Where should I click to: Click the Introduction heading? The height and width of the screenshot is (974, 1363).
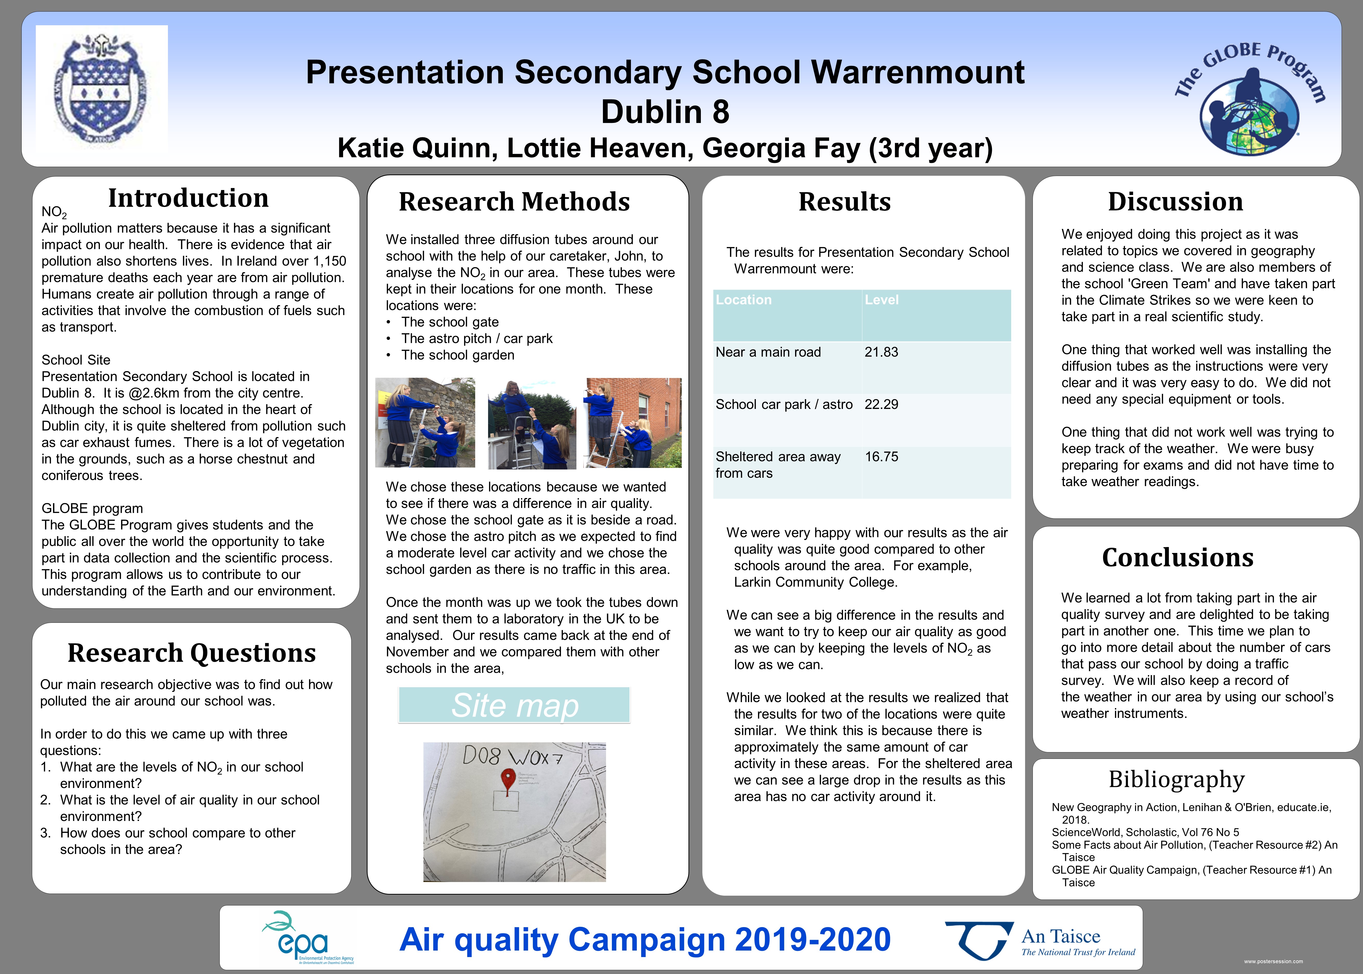188,198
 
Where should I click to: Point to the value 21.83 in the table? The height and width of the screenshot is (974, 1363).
881,352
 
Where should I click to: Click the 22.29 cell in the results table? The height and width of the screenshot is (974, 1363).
881,404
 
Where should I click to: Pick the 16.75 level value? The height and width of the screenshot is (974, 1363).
881,456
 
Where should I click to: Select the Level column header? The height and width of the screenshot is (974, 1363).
881,300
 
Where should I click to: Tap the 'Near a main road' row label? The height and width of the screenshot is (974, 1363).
768,352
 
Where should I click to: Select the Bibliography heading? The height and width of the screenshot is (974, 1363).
1177,779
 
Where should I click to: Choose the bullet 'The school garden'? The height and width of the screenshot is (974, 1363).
457,355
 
